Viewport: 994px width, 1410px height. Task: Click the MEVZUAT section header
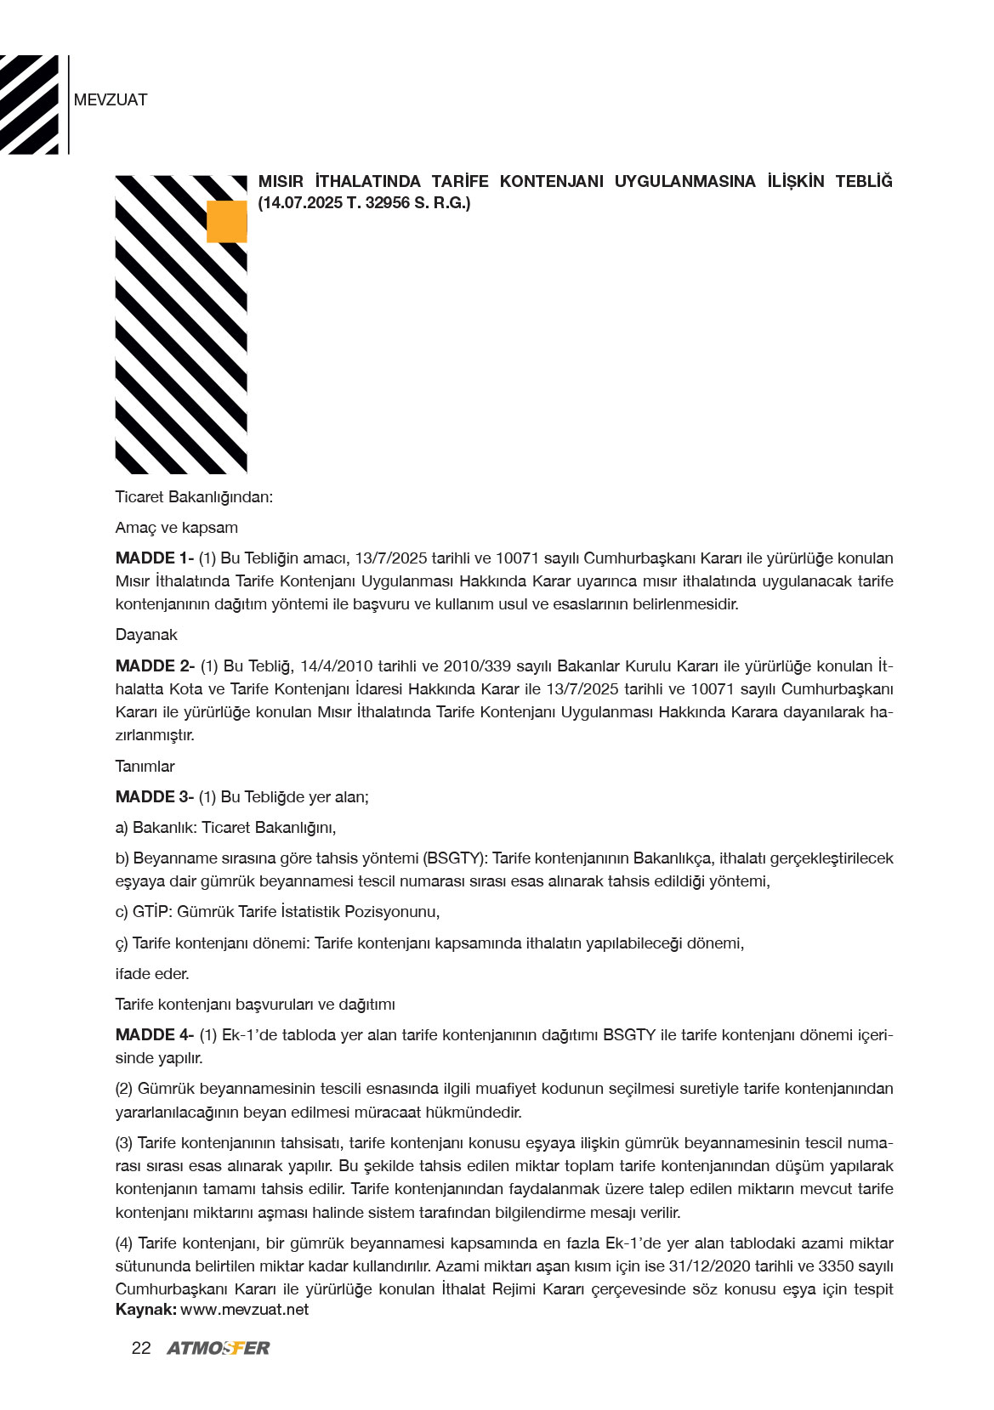(111, 100)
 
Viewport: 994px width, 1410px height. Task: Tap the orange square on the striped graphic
(226, 222)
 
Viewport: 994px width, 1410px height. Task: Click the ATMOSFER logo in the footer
(219, 1348)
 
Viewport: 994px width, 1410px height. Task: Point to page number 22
(141, 1348)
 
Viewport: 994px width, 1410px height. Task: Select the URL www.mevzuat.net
(244, 1310)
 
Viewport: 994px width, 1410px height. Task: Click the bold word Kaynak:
(145, 1310)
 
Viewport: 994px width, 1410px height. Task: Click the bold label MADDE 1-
(155, 558)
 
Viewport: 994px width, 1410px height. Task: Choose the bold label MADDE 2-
(155, 666)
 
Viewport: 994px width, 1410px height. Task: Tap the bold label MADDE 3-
(155, 797)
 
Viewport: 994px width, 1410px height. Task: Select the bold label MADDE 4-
(155, 1035)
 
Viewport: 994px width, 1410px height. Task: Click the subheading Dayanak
(146, 635)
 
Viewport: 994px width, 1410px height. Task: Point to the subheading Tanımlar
(145, 767)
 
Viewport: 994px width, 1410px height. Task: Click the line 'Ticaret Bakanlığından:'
(194, 497)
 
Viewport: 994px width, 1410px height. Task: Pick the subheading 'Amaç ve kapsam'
(176, 528)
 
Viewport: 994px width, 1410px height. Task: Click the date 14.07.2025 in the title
(302, 203)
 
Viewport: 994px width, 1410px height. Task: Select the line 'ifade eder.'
(152, 974)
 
